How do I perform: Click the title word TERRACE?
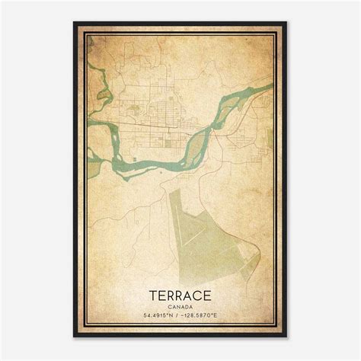click(x=180, y=293)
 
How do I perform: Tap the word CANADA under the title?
click(x=180, y=304)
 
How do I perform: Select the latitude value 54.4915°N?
click(x=156, y=315)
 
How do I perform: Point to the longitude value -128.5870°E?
click(x=203, y=315)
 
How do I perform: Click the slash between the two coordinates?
click(x=177, y=315)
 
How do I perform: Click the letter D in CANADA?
click(x=187, y=304)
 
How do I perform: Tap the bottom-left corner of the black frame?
click(x=75, y=336)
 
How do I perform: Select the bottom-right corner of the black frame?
click(x=286, y=336)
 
